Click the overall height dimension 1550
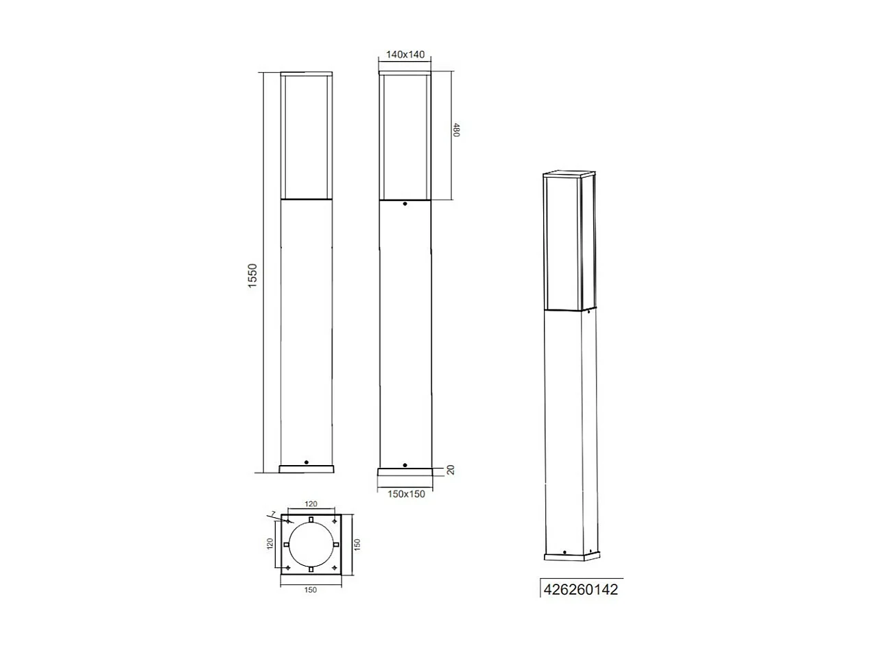coord(252,275)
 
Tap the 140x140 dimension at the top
coord(405,55)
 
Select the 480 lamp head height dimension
coord(456,130)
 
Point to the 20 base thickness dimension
coord(451,470)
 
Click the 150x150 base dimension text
coord(405,494)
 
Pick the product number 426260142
coord(581,589)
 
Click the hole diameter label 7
coord(273,514)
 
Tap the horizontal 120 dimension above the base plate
coord(311,503)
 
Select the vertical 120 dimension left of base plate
coord(270,544)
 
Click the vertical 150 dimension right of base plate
coord(356,543)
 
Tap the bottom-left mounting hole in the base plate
coord(287,569)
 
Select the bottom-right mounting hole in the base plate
coord(335,569)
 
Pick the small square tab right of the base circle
coord(336,545)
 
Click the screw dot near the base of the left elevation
coord(307,462)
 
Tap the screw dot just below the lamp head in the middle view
coord(405,204)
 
